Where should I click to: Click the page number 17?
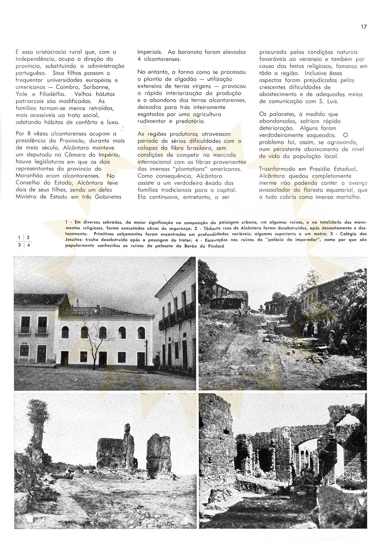point(364,27)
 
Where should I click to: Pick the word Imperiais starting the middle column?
point(150,52)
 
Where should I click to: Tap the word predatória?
point(190,121)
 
